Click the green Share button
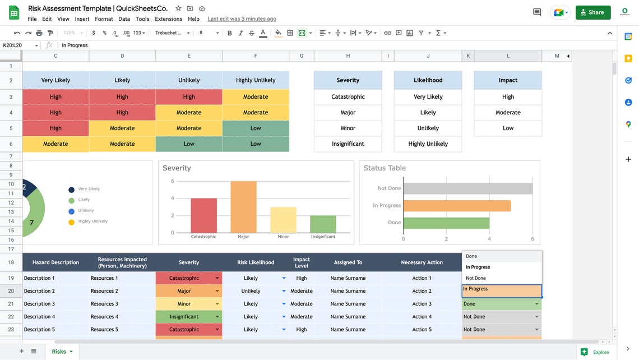592,12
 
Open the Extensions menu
168,19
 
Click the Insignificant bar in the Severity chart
323,224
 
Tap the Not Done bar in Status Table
467,188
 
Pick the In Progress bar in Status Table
457,206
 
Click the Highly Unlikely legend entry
92,221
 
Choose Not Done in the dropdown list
476,278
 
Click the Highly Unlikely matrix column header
256,80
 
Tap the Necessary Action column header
422,262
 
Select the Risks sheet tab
59,352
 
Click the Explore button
595,352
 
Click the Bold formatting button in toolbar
230,33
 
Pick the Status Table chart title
385,168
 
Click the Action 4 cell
422,317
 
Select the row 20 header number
11,291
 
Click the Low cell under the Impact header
508,128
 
